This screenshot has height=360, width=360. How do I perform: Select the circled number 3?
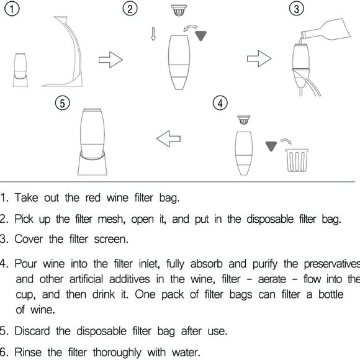(297, 9)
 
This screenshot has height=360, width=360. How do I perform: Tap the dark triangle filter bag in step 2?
(201, 35)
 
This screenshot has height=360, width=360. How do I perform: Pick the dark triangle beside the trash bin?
(270, 146)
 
